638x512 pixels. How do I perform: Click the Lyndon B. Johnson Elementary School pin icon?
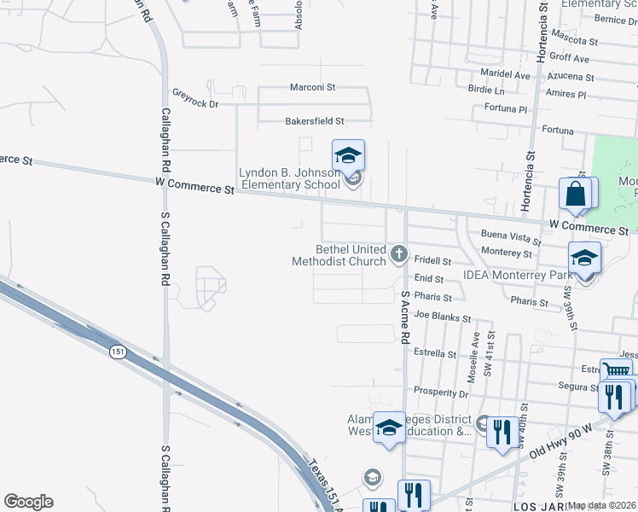pos(348,157)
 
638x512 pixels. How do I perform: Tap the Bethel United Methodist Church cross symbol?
pos(398,253)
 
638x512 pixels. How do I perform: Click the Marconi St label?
pos(312,87)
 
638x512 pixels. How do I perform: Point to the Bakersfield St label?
pos(314,121)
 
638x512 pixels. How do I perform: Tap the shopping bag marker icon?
pos(577,195)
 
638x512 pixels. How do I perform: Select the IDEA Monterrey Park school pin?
pos(584,258)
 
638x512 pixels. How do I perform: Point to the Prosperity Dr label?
pos(441,393)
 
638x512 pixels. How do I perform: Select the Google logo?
pos(28,502)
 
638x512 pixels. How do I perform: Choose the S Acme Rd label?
pos(405,316)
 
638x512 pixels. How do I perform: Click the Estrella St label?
pos(435,352)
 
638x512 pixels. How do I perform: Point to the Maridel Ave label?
pos(505,75)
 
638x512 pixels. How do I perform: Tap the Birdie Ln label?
pos(486,90)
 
